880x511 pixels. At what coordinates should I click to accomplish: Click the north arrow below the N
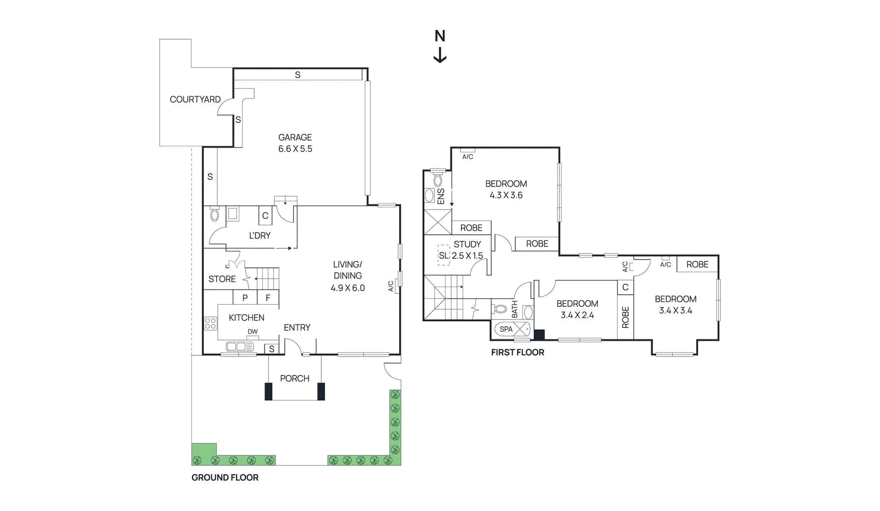tap(440, 56)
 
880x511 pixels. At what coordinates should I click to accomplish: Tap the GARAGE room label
tap(295, 138)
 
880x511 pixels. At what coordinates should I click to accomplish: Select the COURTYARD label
tap(195, 100)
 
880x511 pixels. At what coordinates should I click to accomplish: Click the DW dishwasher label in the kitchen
tap(252, 332)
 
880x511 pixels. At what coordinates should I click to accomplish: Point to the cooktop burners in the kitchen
tap(211, 323)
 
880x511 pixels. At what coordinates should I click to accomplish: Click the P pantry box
tap(245, 298)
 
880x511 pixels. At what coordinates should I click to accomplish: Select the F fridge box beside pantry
tap(268, 298)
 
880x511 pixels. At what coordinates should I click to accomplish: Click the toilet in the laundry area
tap(215, 214)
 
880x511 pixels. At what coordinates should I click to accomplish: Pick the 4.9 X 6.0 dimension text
tap(348, 288)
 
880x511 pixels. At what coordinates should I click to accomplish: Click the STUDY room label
tap(467, 244)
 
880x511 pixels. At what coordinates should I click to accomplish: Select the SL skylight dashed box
tap(443, 255)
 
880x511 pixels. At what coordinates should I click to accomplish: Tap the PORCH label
tap(295, 378)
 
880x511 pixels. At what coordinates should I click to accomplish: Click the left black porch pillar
tap(268, 391)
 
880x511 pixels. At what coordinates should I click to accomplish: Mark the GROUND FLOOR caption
tap(225, 477)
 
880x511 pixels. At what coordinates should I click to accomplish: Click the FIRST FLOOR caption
tap(518, 353)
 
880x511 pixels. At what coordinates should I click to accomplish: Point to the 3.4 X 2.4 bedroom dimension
tap(577, 315)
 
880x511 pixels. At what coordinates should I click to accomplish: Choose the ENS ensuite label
tap(441, 196)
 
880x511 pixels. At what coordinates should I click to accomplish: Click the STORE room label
tap(222, 279)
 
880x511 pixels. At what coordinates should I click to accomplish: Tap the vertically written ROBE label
tap(625, 317)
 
